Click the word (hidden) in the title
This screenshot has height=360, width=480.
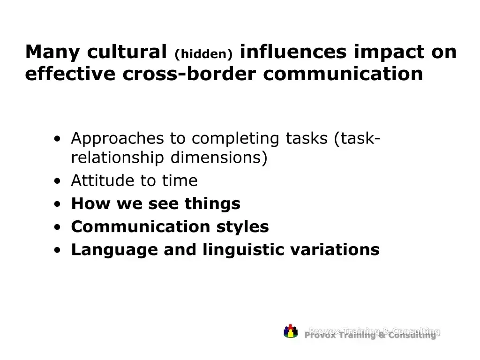(x=203, y=54)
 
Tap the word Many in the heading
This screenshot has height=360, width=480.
(x=52, y=52)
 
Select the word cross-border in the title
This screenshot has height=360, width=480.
(x=189, y=74)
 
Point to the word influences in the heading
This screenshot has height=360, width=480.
(x=293, y=52)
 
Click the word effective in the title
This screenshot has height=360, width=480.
(x=70, y=74)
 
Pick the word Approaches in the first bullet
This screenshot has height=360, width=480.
(x=118, y=139)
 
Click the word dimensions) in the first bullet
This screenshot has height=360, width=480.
(x=219, y=157)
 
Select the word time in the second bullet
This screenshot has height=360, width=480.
(x=180, y=180)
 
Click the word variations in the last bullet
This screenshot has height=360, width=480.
(x=335, y=250)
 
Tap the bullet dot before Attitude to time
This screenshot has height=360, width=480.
(x=57, y=181)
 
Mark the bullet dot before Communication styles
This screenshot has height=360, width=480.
(x=57, y=227)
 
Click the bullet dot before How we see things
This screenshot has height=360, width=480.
(x=57, y=204)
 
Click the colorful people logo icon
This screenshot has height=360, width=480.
(x=291, y=331)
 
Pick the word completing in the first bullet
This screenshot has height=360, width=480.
(x=235, y=139)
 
